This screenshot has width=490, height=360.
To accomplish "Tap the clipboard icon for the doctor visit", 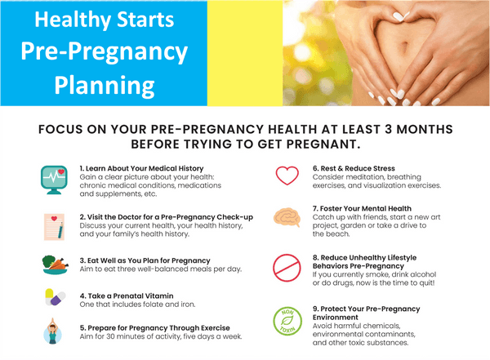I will tap(53, 224).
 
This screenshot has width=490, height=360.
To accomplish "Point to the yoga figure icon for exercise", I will tap(53, 331).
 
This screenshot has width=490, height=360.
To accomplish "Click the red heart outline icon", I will tap(287, 176).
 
